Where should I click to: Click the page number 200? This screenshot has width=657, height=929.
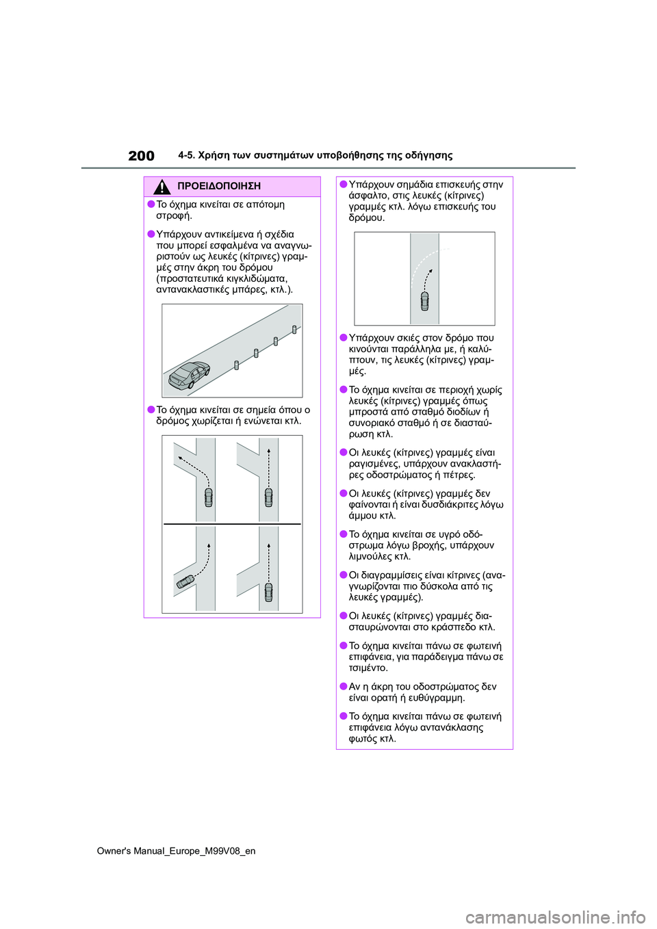tap(141, 156)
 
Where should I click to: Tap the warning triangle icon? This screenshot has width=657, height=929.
tap(162, 186)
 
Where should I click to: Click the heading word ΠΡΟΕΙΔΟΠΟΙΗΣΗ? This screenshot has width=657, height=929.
tap(218, 186)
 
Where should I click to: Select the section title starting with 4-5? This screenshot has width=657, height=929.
tap(315, 155)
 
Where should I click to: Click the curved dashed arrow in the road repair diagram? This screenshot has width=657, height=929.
tap(428, 279)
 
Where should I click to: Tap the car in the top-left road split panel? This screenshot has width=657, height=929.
tap(208, 497)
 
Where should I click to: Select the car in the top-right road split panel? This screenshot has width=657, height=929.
tap(268, 497)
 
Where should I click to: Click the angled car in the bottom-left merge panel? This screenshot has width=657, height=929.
tap(185, 581)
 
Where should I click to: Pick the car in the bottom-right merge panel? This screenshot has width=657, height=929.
tap(268, 592)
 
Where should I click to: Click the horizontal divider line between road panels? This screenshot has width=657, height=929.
tap(232, 524)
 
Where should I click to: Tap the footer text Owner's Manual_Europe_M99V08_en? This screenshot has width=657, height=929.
tap(176, 851)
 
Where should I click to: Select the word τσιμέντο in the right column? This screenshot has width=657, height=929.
tap(368, 668)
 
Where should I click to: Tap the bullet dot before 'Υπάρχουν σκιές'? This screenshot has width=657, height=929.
tap(344, 337)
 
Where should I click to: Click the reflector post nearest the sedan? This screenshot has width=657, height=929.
tap(237, 365)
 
